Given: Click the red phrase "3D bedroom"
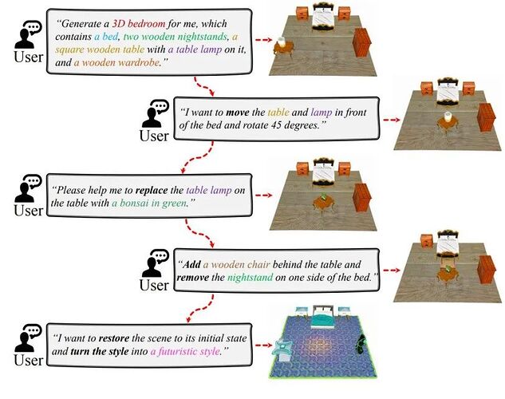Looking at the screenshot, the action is [x=139, y=23].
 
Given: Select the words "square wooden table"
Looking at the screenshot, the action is [x=100, y=49].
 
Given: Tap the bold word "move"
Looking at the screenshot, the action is [x=238, y=113].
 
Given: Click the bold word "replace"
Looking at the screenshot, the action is [x=152, y=190].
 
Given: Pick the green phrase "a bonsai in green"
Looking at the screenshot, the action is [x=149, y=203].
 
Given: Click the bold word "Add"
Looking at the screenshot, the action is [x=191, y=265].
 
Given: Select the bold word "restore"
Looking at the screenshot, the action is [x=114, y=338].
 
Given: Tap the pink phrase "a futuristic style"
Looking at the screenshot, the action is [x=185, y=351].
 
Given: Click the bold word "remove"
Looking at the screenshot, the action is [x=192, y=278].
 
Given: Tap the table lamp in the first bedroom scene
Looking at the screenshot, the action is [x=282, y=41].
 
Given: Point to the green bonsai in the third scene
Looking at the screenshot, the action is [x=323, y=196].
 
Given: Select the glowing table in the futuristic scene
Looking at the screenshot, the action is [x=282, y=351].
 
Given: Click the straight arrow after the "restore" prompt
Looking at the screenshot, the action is [x=264, y=346].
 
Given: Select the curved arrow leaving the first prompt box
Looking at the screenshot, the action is [x=204, y=86].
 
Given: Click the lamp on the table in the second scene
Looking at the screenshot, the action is [x=448, y=117].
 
